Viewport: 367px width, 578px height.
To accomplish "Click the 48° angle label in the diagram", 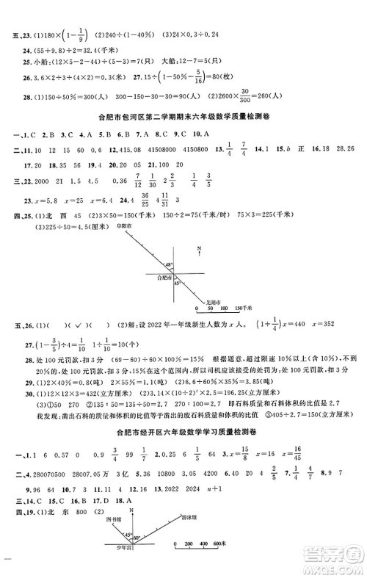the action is click(x=169, y=263).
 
